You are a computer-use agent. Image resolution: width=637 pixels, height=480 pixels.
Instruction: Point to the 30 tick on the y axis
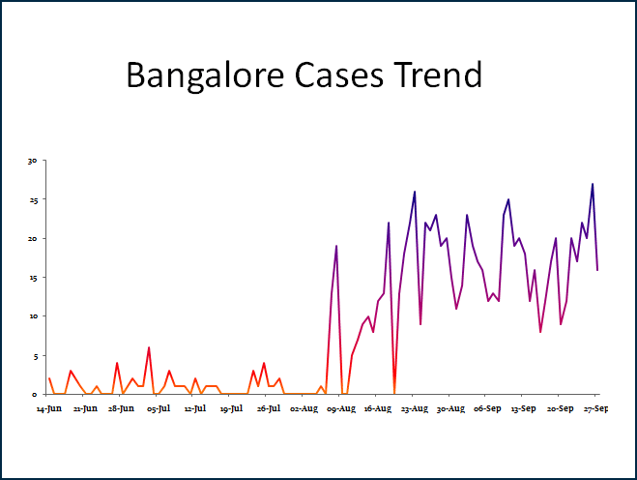click(x=31, y=161)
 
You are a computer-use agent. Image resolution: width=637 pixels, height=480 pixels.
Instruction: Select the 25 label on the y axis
click(x=31, y=200)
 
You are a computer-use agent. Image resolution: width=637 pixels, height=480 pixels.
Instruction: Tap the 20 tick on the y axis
click(x=31, y=239)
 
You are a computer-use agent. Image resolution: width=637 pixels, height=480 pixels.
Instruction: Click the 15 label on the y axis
click(x=31, y=278)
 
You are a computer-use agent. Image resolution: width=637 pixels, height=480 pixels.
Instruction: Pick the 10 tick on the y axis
click(x=31, y=316)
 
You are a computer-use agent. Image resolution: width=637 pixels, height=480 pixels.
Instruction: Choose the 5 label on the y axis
click(x=33, y=355)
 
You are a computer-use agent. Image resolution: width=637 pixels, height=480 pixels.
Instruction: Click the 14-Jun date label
click(x=49, y=409)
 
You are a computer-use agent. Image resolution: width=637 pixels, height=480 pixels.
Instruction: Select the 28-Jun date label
click(x=122, y=409)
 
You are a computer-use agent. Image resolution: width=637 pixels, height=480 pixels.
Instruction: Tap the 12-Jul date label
click(x=195, y=409)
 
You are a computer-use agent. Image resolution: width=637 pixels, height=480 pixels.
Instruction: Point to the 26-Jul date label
click(x=268, y=409)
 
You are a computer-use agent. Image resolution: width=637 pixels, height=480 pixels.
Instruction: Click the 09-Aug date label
click(x=341, y=409)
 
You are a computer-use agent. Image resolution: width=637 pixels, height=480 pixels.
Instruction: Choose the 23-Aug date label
click(x=414, y=409)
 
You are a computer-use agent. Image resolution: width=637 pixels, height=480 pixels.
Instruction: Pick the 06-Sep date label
click(x=487, y=409)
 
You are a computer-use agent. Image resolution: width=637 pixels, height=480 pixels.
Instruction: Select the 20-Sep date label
click(x=561, y=409)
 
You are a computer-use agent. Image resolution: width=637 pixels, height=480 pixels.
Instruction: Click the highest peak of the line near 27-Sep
click(x=593, y=184)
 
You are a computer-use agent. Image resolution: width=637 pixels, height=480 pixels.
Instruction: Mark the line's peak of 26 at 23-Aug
click(x=415, y=192)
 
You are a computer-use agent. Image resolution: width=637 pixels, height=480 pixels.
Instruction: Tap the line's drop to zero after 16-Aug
click(x=394, y=393)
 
